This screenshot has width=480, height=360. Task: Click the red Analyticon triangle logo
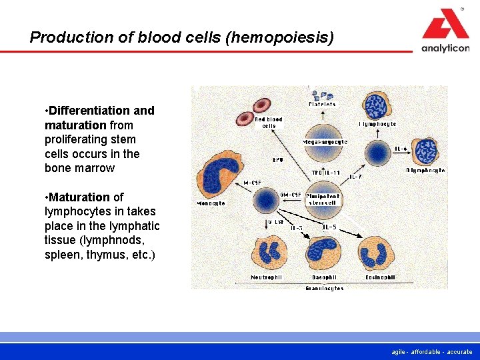(445, 25)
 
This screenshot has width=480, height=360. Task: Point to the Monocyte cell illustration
(222, 172)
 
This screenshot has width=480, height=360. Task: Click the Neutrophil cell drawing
(269, 253)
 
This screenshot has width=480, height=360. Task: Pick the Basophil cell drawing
(324, 253)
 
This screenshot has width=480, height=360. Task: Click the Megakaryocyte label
(325, 143)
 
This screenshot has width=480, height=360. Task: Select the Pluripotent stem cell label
(323, 199)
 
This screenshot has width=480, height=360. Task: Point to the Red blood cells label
(269, 123)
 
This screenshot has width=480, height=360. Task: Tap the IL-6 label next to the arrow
(401, 149)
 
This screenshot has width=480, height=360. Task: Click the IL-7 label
(356, 177)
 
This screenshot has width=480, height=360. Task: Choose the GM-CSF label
(291, 195)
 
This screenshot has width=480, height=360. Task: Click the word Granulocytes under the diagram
(325, 288)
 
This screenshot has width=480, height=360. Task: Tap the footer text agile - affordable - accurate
(432, 351)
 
